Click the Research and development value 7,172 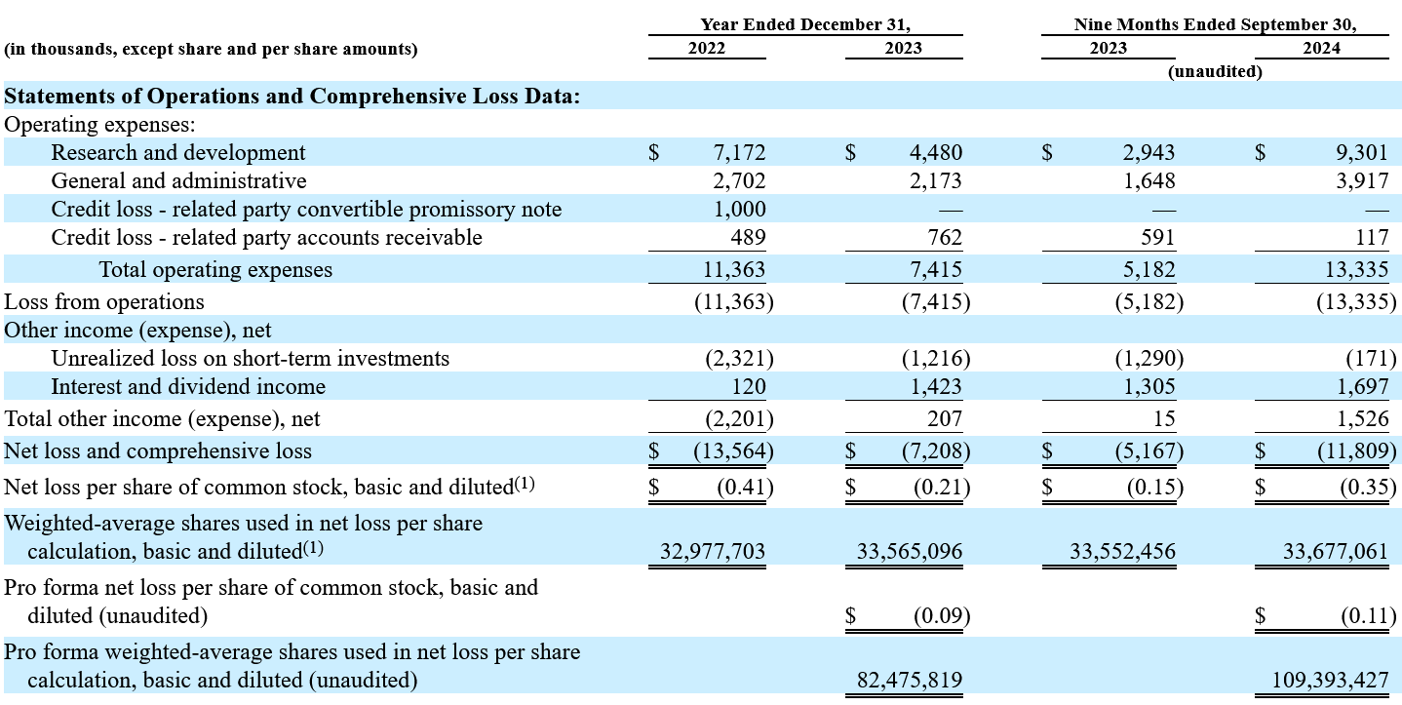click(739, 152)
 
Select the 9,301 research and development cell click(1362, 152)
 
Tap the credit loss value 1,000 click(740, 209)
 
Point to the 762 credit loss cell click(945, 237)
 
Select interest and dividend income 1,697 click(1363, 386)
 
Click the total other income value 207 click(945, 418)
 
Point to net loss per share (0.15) click(1155, 488)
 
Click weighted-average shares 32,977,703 click(713, 551)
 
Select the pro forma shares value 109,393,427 click(1330, 680)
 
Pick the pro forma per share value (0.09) click(942, 616)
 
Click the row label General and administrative click(179, 181)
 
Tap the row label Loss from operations click(104, 301)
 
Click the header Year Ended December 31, click(805, 24)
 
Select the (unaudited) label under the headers click(1215, 72)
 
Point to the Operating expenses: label click(100, 125)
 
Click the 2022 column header click(707, 48)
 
